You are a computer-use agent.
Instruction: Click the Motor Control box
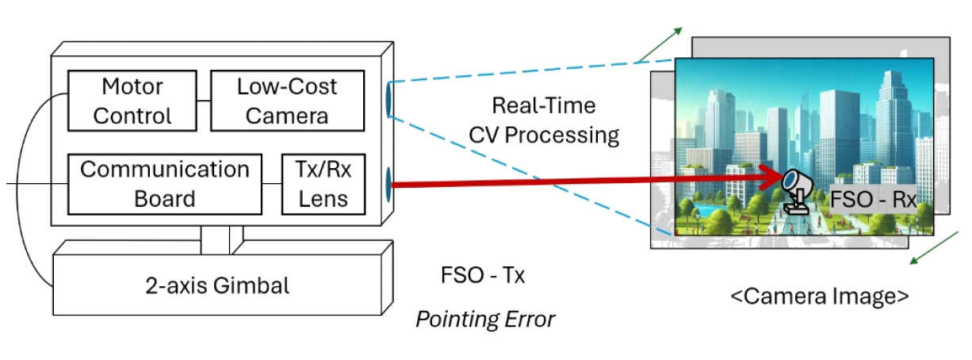[x=132, y=101]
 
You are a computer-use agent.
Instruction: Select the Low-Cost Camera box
[x=286, y=101]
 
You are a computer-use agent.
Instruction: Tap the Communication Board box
[x=164, y=184]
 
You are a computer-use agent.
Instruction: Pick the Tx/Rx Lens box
[x=323, y=184]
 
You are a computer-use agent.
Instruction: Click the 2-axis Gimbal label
[x=217, y=285]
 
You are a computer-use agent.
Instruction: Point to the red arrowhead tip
[x=780, y=174]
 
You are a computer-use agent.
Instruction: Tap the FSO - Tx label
[x=483, y=276]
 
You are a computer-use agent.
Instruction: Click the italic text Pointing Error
[x=485, y=320]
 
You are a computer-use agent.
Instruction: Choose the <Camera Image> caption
[x=819, y=297]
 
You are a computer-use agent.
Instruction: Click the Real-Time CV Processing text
[x=544, y=120]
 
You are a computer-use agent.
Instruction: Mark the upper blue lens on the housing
[x=389, y=99]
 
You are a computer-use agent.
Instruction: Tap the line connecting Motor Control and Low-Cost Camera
[x=203, y=101]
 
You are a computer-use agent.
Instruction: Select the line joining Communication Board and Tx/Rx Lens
[x=271, y=185]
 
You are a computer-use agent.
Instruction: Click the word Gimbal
[x=254, y=285]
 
